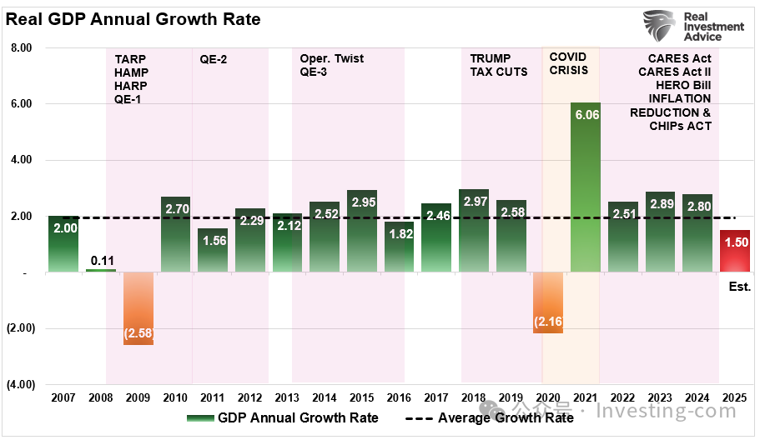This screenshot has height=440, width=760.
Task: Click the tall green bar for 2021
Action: tap(585, 187)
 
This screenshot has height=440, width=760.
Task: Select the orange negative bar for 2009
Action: tap(138, 307)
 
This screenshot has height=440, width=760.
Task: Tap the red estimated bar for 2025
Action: tap(734, 251)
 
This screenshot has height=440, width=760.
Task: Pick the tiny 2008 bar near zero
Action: tap(101, 270)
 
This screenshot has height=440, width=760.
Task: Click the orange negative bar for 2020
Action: tap(547, 302)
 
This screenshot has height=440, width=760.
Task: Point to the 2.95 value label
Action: tap(362, 203)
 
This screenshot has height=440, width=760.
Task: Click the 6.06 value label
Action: tap(585, 116)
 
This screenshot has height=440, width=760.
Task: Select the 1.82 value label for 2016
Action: tap(400, 234)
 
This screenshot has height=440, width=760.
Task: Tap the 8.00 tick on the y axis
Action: tap(20, 47)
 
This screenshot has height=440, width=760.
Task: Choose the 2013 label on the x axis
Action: tap(288, 398)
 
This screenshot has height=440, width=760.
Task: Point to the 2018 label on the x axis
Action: tap(474, 398)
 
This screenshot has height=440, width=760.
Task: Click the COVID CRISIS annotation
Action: tap(568, 63)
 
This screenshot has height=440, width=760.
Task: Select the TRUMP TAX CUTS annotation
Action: tap(499, 65)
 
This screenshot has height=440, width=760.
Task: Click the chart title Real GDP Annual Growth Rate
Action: tap(133, 19)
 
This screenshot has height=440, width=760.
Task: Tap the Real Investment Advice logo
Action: tap(692, 27)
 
